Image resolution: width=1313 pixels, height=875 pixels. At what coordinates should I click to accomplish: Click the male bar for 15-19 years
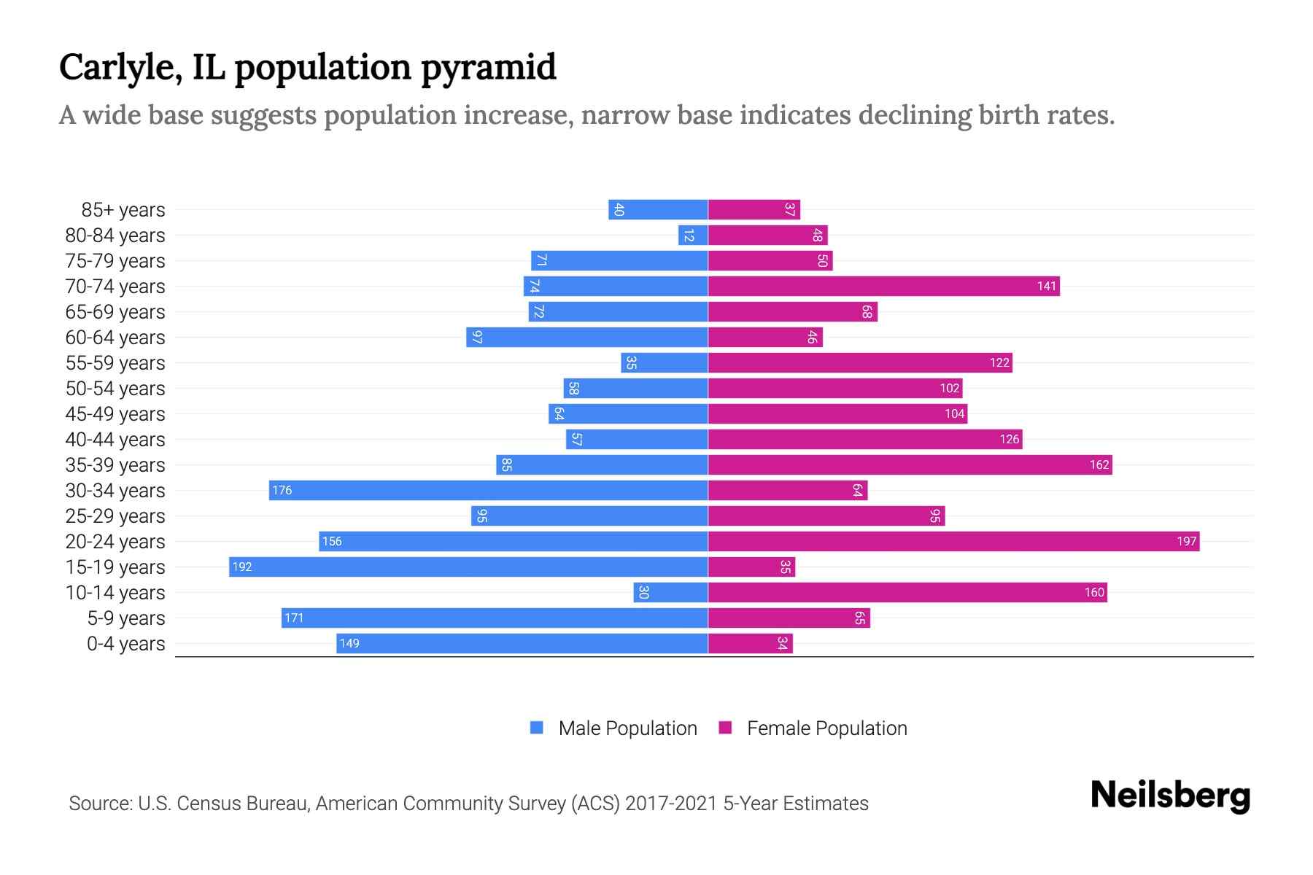pyautogui.click(x=468, y=567)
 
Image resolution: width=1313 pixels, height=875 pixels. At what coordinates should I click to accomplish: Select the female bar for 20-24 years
pyautogui.click(x=953, y=542)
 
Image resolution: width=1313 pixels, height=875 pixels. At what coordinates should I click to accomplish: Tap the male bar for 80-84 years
pyautogui.click(x=693, y=236)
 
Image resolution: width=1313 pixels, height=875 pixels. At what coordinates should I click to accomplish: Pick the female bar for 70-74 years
pyautogui.click(x=883, y=287)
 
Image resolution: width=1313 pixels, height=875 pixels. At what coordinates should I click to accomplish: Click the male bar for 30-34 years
pyautogui.click(x=488, y=491)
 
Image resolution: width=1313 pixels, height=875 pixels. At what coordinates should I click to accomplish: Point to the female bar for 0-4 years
pyautogui.click(x=750, y=644)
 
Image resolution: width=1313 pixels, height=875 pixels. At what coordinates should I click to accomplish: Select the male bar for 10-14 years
pyautogui.click(x=670, y=593)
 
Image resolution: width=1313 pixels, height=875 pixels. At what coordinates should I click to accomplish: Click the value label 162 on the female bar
pyautogui.click(x=1099, y=465)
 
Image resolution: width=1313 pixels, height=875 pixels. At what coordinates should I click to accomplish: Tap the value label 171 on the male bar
pyautogui.click(x=294, y=618)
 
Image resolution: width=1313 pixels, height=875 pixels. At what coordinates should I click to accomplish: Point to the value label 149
pyautogui.click(x=349, y=644)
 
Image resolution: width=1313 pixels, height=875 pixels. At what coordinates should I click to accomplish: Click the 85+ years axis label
pyautogui.click(x=123, y=210)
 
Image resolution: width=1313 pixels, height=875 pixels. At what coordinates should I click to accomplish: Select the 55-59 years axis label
pyautogui.click(x=115, y=363)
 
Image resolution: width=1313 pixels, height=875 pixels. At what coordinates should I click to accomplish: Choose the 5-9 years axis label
pyautogui.click(x=126, y=618)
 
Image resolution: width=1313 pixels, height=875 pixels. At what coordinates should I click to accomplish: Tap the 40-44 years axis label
pyautogui.click(x=115, y=440)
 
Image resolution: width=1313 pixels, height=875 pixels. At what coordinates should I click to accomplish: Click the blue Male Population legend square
pyautogui.click(x=537, y=728)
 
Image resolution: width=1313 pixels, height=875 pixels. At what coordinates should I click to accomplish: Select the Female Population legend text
pyautogui.click(x=826, y=728)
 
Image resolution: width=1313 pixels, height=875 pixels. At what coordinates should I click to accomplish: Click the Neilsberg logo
pyautogui.click(x=1170, y=796)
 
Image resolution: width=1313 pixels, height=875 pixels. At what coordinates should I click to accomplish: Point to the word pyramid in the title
pyautogui.click(x=489, y=68)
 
